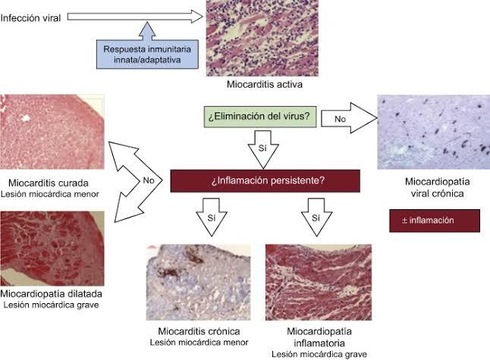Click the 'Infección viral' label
pos(30,18)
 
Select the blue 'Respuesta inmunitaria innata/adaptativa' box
pos(147,55)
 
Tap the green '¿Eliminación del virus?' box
pos(260,117)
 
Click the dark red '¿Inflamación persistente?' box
pos(265,181)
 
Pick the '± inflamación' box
pos(435,221)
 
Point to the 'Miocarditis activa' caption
pos(265,84)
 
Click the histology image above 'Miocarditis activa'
pos(262,38)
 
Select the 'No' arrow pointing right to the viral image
pos(349,118)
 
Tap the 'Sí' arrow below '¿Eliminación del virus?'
pos(263,149)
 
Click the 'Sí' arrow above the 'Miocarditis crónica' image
pos(212,217)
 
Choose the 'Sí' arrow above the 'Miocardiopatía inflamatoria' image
pos(316,217)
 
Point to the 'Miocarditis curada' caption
pos(49,183)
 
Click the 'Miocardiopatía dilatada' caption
pos(52,293)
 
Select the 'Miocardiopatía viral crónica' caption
pos(437,187)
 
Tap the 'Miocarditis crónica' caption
pos(199,331)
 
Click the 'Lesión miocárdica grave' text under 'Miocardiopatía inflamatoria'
pos(319,355)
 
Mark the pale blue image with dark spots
pos(433,132)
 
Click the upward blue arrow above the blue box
pos(147,31)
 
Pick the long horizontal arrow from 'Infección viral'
pos(135,17)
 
